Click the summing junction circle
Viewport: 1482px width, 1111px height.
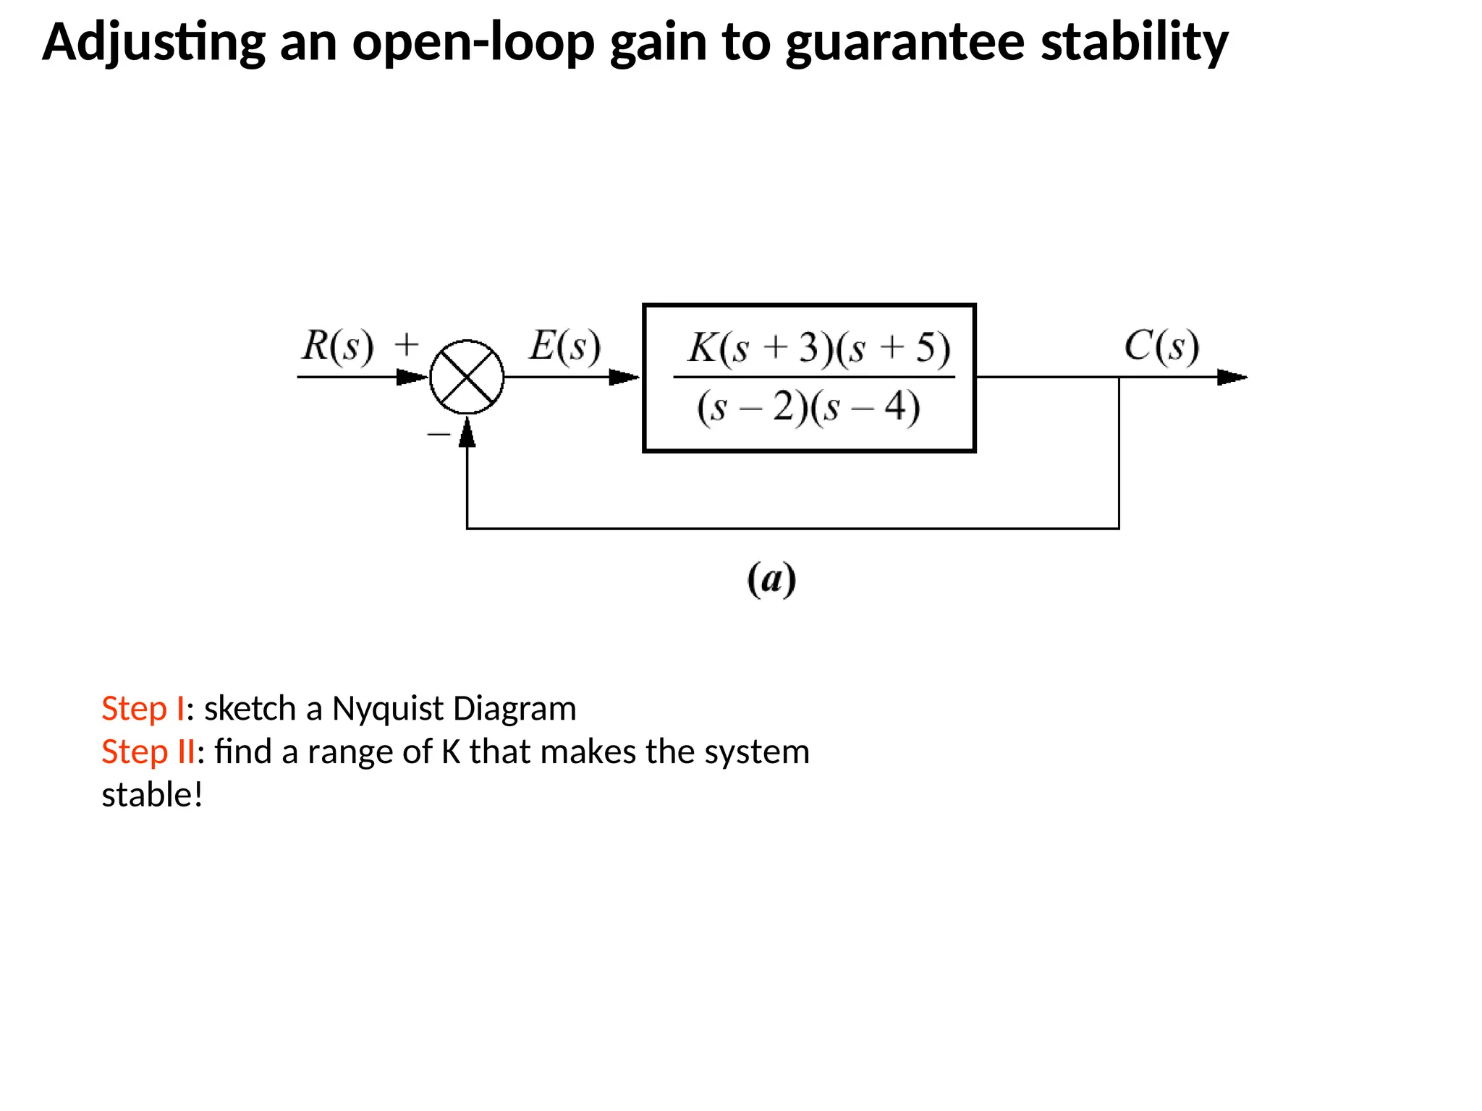point(467,377)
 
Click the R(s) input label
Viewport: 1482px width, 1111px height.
point(338,346)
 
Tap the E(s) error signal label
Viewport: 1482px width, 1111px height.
point(564,346)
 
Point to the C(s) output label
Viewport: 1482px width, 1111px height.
point(1161,346)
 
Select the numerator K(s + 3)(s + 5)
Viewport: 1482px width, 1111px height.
point(818,348)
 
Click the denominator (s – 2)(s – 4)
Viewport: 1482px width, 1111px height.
point(808,406)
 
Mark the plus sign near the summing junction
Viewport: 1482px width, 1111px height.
point(407,344)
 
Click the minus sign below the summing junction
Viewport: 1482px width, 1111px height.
point(439,434)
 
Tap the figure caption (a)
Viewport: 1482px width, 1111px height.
point(771,579)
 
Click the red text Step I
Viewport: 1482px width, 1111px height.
point(143,708)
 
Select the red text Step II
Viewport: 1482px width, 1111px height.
point(148,752)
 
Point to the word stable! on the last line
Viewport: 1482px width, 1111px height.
point(152,795)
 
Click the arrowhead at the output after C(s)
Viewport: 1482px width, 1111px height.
point(1232,377)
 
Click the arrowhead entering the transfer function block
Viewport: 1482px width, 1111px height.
point(624,377)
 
